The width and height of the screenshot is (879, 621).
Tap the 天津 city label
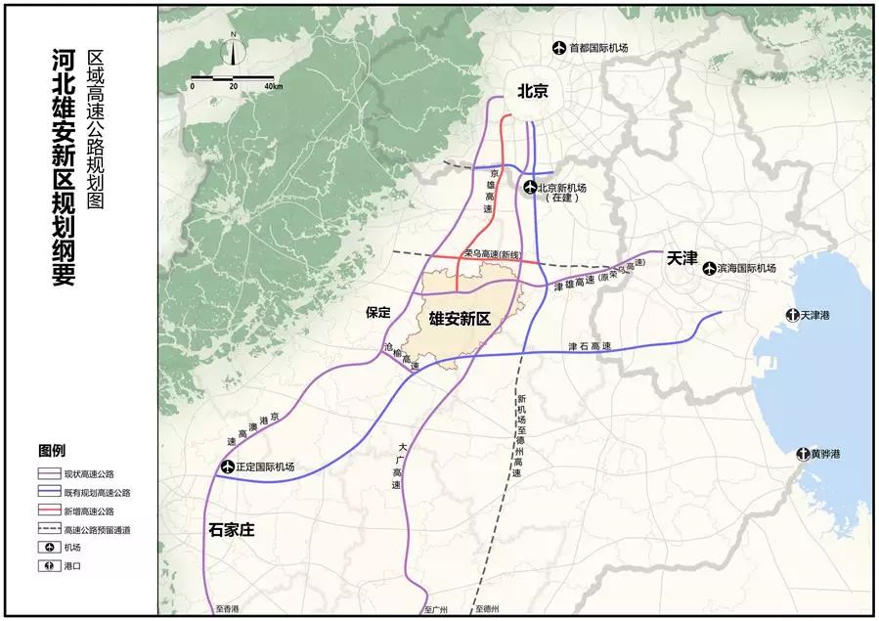[x=681, y=259]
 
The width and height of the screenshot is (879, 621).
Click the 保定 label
[x=378, y=313]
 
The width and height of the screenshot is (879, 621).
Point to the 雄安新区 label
[x=459, y=318]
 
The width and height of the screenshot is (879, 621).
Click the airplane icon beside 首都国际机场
[x=559, y=47]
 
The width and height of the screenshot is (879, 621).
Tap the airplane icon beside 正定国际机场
[x=228, y=466]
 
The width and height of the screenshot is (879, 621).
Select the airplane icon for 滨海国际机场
[x=710, y=267]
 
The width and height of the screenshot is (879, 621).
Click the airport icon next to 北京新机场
[x=530, y=188]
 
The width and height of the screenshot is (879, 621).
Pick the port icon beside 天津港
[x=792, y=315]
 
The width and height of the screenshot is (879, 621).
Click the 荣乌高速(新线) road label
[x=495, y=253]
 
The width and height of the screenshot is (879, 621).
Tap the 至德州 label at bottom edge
[x=488, y=608]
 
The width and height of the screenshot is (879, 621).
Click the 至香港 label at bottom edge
[x=227, y=608]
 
